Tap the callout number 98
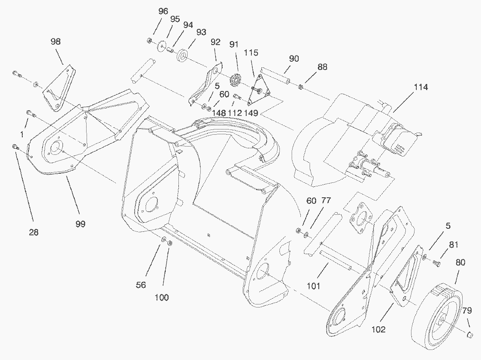click(x=56, y=42)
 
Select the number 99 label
click(x=80, y=224)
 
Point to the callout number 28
click(x=34, y=233)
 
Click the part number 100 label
click(x=162, y=297)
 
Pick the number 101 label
click(x=314, y=287)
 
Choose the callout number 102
click(x=378, y=330)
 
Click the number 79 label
click(x=467, y=311)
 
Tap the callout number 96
click(x=163, y=11)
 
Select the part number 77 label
click(x=326, y=201)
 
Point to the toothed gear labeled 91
click(x=237, y=81)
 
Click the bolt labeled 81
click(x=437, y=263)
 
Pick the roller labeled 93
click(x=182, y=56)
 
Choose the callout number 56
click(x=140, y=285)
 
